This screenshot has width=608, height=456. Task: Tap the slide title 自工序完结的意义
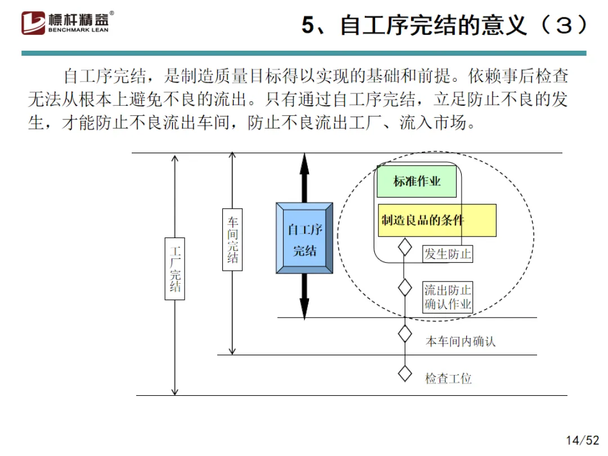(445, 26)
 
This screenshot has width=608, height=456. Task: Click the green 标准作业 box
(417, 181)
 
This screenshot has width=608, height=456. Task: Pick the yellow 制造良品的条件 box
(437, 220)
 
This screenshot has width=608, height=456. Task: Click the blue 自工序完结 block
(305, 238)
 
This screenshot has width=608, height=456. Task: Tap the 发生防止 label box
(448, 254)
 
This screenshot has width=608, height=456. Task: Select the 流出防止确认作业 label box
(448, 297)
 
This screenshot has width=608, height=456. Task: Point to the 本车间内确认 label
(460, 341)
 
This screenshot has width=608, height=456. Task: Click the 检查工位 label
(448, 378)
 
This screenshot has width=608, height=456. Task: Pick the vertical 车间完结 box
(233, 240)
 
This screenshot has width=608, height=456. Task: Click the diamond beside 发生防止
(405, 247)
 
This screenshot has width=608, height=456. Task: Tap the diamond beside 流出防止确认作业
(405, 287)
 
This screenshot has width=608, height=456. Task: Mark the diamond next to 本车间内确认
(405, 333)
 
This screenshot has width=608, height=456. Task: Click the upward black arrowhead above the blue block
(305, 163)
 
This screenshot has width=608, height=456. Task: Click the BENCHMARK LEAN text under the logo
(82, 30)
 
